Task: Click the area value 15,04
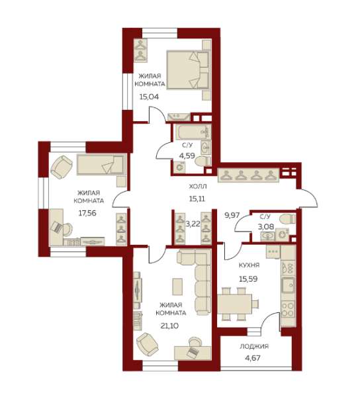click(149, 97)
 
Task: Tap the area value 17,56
click(87, 213)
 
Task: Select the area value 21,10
click(169, 326)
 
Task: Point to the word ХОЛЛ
click(198, 187)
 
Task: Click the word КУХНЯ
click(249, 265)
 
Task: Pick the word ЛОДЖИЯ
click(254, 347)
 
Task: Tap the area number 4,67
click(252, 358)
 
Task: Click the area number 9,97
click(232, 215)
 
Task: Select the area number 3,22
click(193, 224)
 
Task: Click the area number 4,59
click(187, 155)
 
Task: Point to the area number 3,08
click(266, 226)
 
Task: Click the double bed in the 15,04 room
click(188, 69)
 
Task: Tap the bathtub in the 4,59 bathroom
click(193, 132)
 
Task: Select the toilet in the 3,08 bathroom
click(288, 218)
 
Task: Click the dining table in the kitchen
click(234, 304)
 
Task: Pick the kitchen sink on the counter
click(289, 285)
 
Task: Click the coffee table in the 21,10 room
click(177, 286)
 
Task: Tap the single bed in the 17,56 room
click(101, 164)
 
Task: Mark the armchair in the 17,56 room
click(62, 167)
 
